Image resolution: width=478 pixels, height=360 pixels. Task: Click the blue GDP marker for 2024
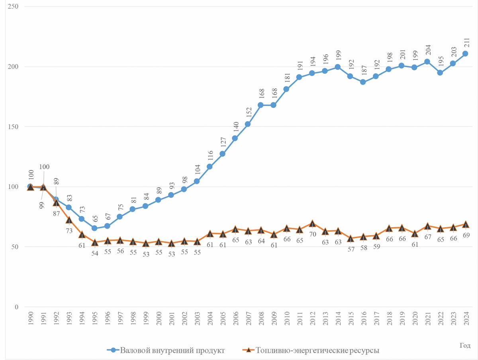pos(465,53)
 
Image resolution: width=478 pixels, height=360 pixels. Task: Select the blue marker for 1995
pos(94,228)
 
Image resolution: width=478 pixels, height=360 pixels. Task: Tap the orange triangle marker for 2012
pos(312,223)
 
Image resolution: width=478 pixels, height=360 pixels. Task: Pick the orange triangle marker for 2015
pos(350,238)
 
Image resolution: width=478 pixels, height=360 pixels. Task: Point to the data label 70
pos(312,234)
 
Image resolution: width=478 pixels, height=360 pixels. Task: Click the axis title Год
pos(465,345)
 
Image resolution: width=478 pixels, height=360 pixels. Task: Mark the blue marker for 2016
pos(363,82)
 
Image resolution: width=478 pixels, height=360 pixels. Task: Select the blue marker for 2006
pos(235,138)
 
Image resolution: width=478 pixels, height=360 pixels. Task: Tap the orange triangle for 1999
pos(145,243)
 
